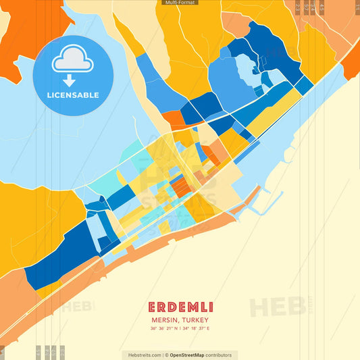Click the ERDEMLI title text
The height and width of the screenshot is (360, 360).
tap(180, 307)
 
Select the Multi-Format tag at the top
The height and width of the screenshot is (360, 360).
tap(180, 3)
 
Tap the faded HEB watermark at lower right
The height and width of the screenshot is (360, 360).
tap(277, 307)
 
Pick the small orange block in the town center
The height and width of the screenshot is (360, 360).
tap(178, 185)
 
